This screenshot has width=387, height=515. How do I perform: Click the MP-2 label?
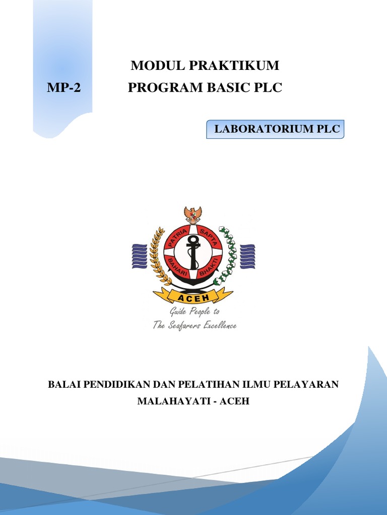point(64,88)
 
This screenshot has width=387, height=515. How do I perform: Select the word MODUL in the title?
point(158,65)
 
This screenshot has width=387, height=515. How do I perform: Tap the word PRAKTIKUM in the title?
point(234,65)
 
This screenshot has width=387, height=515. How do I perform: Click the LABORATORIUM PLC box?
point(275,129)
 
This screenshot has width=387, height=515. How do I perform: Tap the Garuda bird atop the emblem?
point(193,214)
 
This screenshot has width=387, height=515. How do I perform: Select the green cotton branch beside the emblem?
point(227,255)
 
